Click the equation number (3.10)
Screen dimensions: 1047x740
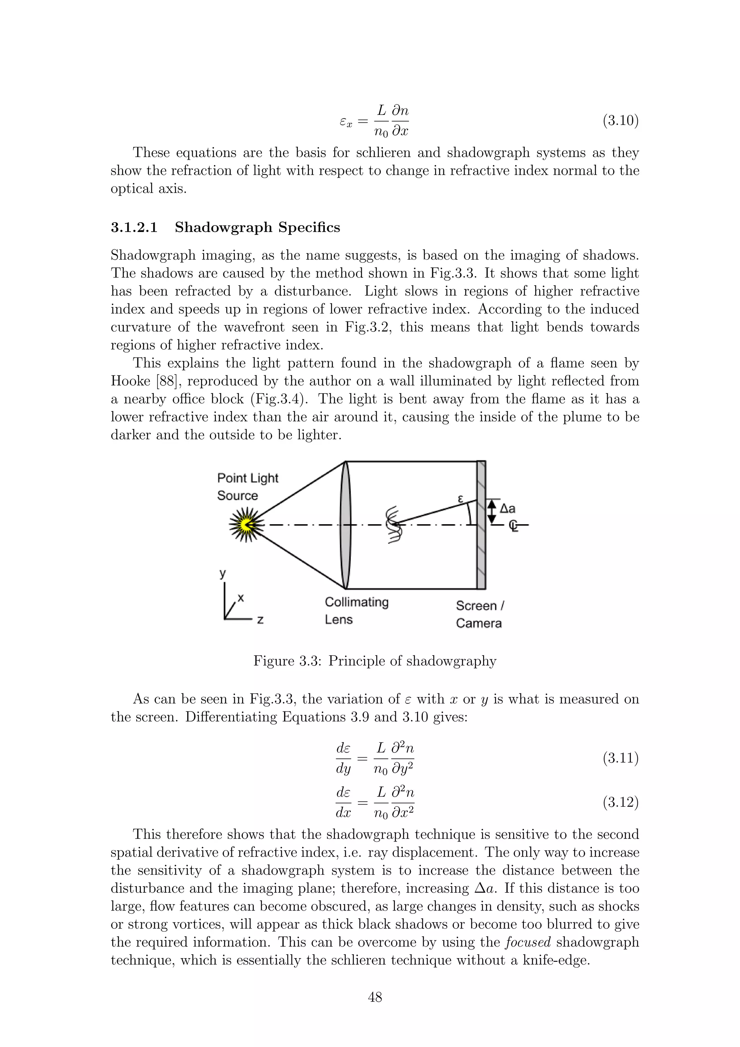pyautogui.click(x=620, y=121)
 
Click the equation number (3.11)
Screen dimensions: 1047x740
pyautogui.click(x=620, y=758)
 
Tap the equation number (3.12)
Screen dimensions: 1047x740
pyautogui.click(x=620, y=802)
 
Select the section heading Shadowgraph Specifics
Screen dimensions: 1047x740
pyautogui.click(x=257, y=227)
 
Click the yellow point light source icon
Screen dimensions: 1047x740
pyautogui.click(x=246, y=525)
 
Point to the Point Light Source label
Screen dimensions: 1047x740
pyautogui.click(x=247, y=487)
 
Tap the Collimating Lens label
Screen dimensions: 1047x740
pyautogui.click(x=356, y=611)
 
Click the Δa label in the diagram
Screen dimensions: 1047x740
pyautogui.click(x=507, y=508)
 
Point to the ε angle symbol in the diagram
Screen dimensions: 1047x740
pyautogui.click(x=460, y=499)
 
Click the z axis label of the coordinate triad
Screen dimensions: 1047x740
pyautogui.click(x=261, y=620)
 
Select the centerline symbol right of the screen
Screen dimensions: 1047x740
pyautogui.click(x=514, y=526)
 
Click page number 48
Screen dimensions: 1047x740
pyautogui.click(x=374, y=997)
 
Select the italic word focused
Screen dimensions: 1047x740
pyautogui.click(x=528, y=942)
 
